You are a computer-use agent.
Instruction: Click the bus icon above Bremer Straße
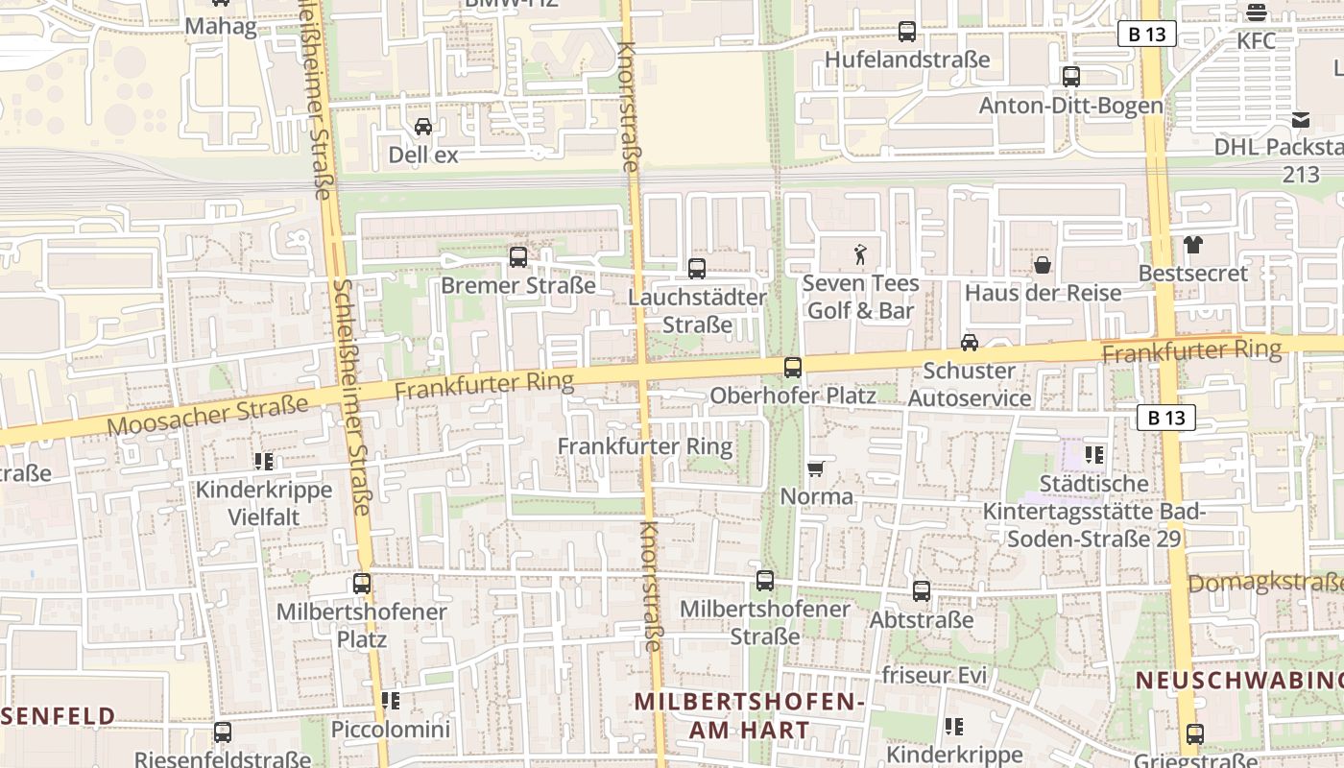point(517,256)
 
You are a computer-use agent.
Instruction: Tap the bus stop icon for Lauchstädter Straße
point(697,268)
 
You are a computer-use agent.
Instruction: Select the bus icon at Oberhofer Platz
point(792,367)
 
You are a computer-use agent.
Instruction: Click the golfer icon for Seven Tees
point(860,254)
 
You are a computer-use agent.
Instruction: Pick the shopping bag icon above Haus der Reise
point(1042,264)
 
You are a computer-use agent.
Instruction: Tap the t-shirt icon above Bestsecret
point(1192,245)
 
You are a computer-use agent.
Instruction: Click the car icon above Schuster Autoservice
point(970,342)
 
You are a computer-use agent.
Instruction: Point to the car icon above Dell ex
point(422,126)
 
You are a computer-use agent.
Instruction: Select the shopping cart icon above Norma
point(816,468)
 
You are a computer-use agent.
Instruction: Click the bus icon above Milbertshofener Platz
point(362,583)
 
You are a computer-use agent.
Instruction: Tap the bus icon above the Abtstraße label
point(921,590)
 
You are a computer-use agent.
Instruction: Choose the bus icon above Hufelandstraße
point(906,32)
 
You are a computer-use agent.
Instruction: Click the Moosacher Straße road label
point(207,414)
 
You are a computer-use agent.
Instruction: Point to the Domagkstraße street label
point(1265,583)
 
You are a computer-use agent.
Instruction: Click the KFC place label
point(1256,40)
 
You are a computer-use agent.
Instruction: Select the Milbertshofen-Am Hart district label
point(749,715)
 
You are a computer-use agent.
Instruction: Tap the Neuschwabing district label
point(1239,681)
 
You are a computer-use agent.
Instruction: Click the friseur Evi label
point(934,675)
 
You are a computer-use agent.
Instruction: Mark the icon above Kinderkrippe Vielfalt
point(264,462)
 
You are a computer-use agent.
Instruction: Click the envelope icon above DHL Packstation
point(1301,120)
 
